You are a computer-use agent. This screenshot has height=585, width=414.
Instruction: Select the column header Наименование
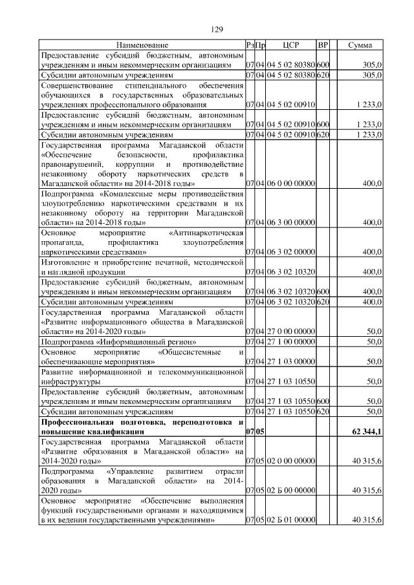(142, 45)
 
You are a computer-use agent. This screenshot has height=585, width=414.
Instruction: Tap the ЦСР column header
(290, 45)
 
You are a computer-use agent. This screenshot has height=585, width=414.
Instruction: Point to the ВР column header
(323, 45)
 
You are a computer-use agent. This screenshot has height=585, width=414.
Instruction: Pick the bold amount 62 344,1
(367, 431)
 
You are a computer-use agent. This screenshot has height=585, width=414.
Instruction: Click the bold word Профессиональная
(79, 421)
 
